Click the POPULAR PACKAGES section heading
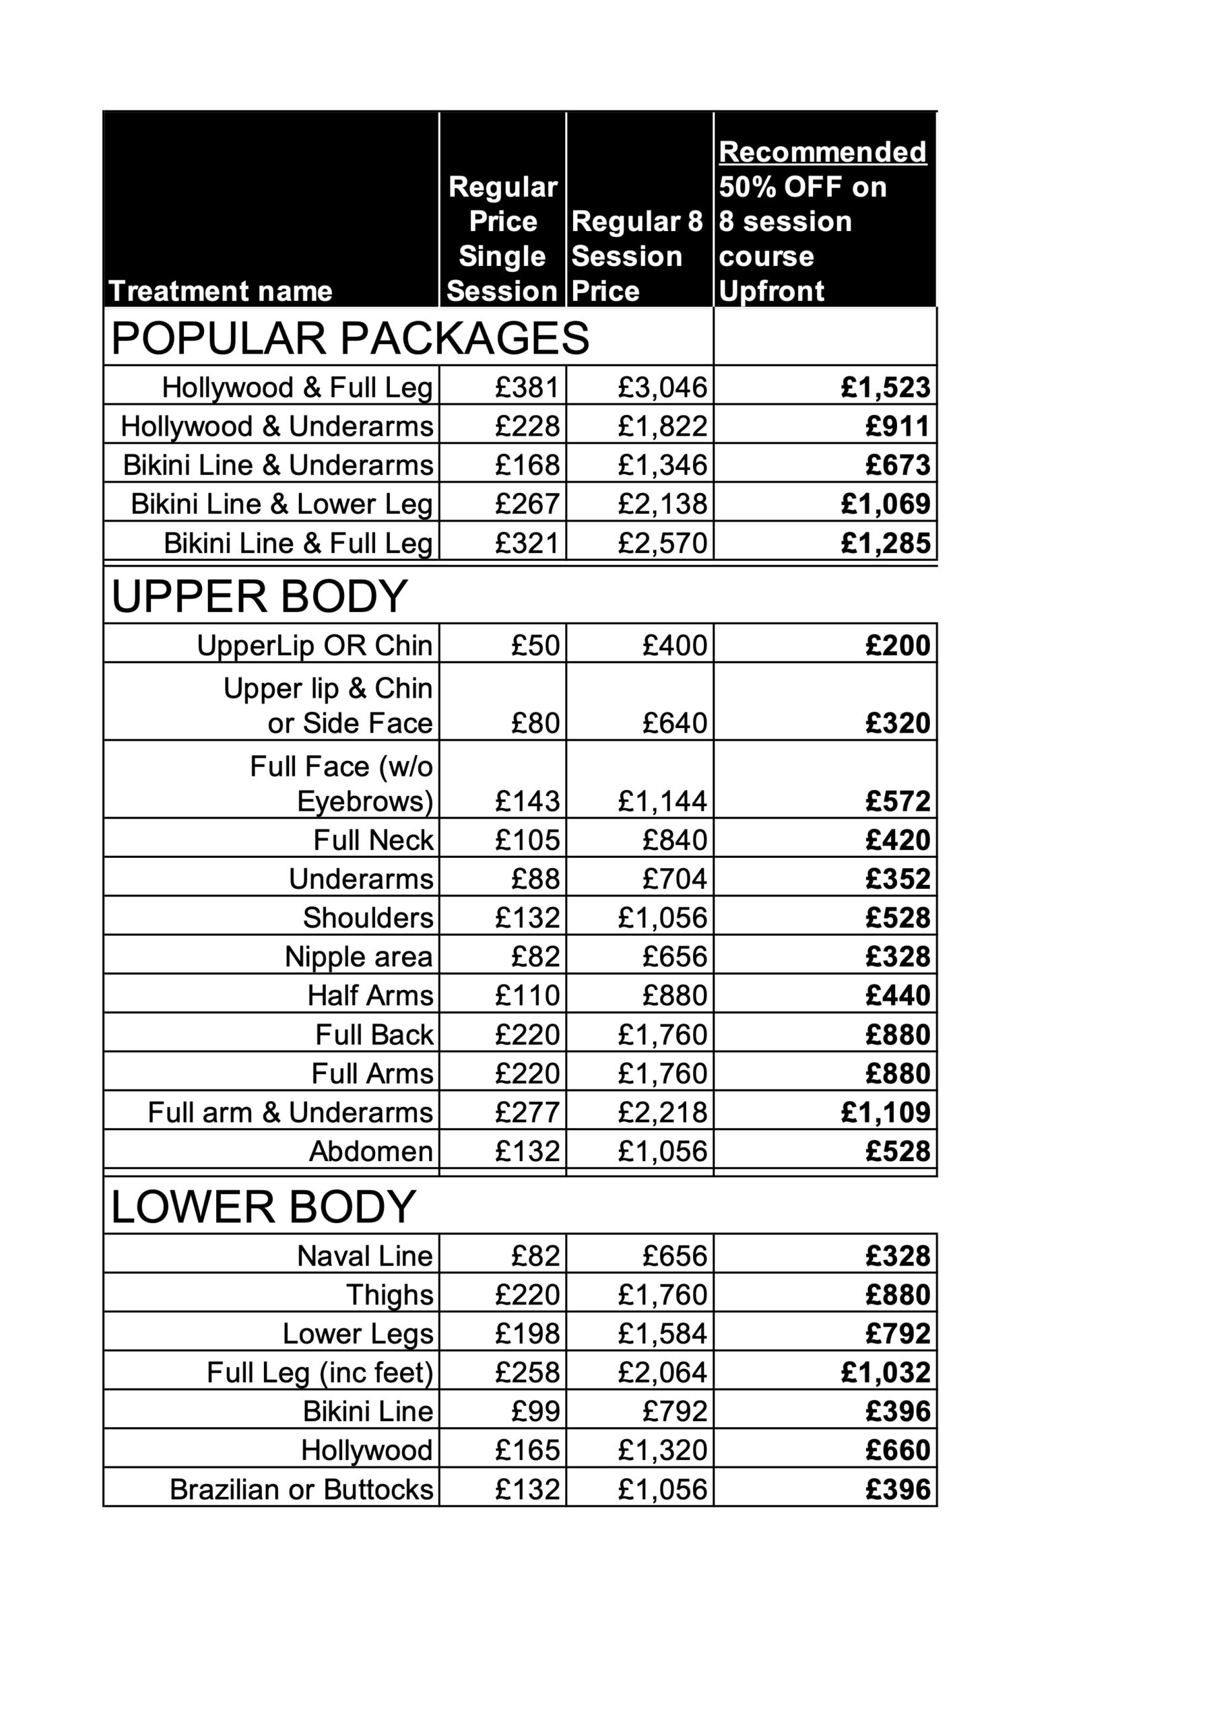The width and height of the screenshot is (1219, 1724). [350, 338]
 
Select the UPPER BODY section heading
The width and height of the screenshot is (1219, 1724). [259, 596]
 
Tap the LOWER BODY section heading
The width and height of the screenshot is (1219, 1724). [263, 1207]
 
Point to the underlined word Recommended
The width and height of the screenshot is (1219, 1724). [822, 152]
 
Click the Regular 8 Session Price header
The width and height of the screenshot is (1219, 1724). [637, 255]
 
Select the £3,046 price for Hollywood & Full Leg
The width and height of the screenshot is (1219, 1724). [663, 387]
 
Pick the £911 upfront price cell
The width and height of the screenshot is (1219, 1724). [898, 426]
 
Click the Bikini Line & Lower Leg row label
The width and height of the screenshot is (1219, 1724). [282, 504]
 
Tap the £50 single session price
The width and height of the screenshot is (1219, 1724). [535, 645]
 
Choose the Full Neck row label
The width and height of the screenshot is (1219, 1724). [373, 840]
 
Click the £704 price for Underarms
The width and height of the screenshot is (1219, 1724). [674, 879]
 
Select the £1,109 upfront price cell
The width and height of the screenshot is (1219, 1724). [886, 1112]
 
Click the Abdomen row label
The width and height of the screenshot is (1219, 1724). [371, 1151]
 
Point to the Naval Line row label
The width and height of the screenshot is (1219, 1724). [364, 1255]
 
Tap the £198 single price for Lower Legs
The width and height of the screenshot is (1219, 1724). [527, 1333]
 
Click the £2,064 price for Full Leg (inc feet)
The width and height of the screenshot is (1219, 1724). [663, 1372]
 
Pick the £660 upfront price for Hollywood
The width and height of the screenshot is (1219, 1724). [898, 1450]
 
